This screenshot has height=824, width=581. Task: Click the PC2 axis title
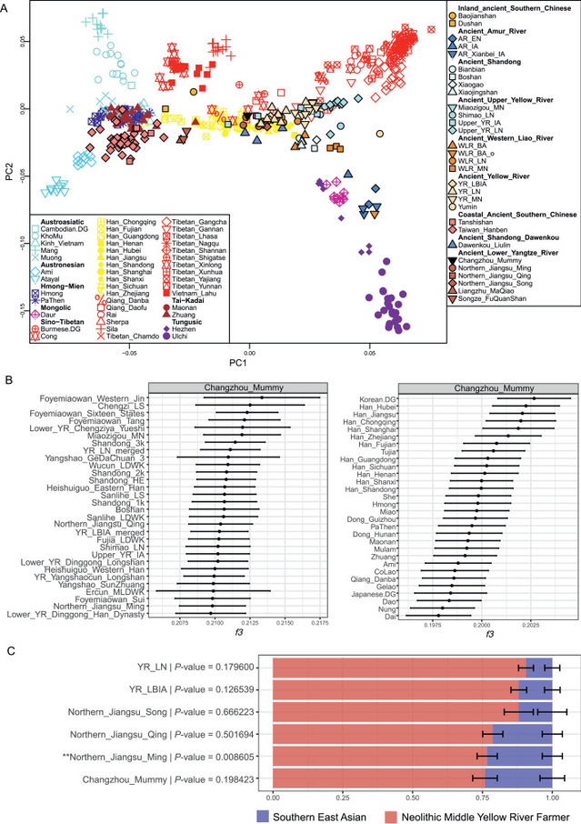(x=9, y=173)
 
